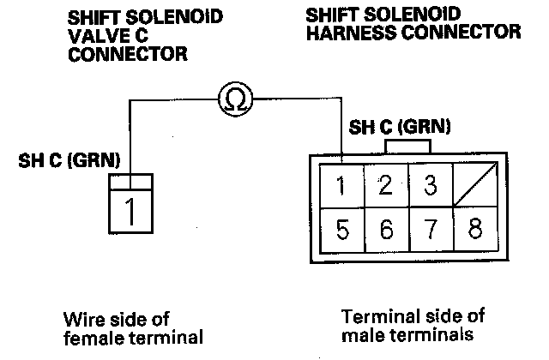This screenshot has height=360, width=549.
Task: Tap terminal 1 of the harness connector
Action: [x=342, y=185]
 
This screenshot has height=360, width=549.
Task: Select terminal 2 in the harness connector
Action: [x=385, y=185]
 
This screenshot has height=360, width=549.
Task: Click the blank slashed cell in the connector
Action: [x=474, y=185]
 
